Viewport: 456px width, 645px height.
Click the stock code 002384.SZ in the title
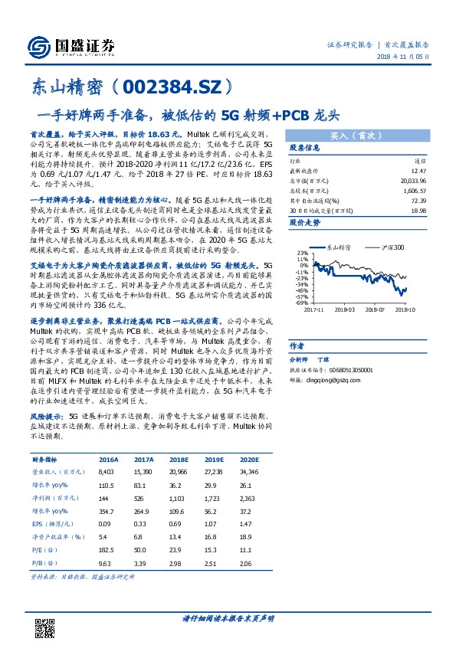[x=179, y=87]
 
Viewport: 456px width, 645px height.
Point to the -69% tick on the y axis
[x=300, y=303]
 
